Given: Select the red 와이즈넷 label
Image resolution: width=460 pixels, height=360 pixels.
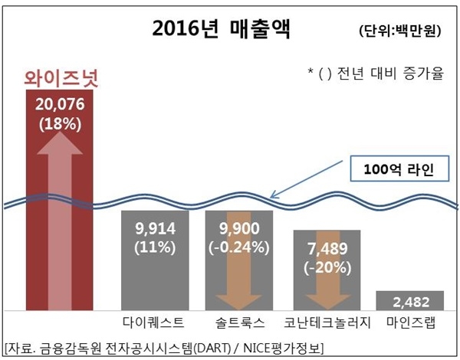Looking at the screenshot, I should (x=60, y=77).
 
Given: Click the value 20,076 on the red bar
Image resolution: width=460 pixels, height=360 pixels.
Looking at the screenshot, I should (x=59, y=105).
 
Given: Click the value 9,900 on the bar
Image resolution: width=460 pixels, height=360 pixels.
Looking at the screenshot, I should (x=239, y=229).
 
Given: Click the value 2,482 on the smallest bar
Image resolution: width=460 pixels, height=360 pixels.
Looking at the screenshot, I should (x=410, y=300).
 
